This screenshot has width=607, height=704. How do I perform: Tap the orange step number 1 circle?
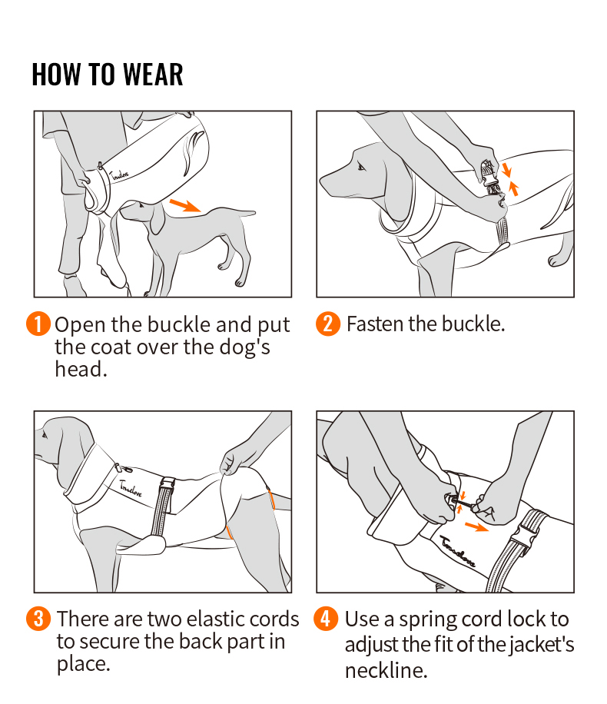point(39,324)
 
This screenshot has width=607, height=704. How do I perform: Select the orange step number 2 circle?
point(327,324)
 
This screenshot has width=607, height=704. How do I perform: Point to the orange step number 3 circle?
point(39,619)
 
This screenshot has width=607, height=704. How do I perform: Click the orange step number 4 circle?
point(327,619)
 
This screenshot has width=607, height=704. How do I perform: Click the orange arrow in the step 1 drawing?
point(186,205)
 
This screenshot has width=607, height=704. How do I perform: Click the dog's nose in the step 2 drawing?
point(323,184)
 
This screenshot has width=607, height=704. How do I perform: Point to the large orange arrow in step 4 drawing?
point(476,526)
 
